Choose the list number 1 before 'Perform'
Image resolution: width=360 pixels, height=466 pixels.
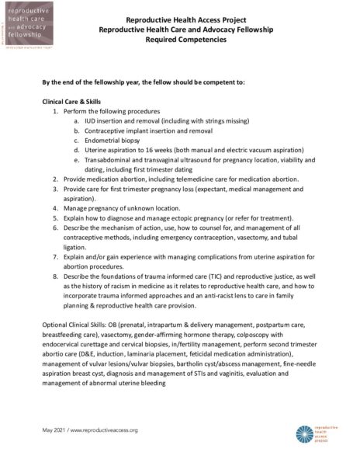coord(56,112)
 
